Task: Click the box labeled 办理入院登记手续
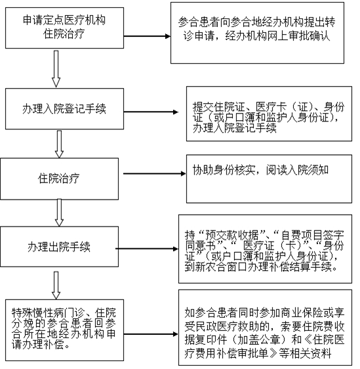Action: pos(65,109)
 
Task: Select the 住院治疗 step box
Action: pos(59,179)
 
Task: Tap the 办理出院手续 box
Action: pos(59,247)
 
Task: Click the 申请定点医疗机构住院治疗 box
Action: pos(65,28)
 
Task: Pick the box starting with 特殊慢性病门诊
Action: pos(65,330)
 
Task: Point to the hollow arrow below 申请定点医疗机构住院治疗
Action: pos(56,69)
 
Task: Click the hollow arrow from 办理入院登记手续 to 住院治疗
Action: pos(59,144)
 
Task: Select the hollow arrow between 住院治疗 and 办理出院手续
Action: pos(59,213)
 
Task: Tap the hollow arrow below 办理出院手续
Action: pos(56,285)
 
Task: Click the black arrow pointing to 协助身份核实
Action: pos(154,174)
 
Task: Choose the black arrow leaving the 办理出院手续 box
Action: pos(147,248)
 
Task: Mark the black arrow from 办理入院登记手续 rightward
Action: pos(151,112)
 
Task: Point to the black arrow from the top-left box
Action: pos(147,36)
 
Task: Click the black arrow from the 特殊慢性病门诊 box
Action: pos(151,334)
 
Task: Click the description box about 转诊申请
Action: pos(257,33)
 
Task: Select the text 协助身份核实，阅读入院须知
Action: pos(260,170)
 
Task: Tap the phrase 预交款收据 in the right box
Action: pos(232,234)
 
